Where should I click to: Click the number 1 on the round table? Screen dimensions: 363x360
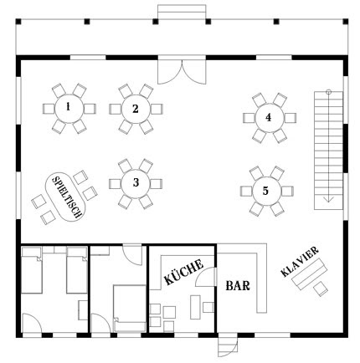pos(67,107)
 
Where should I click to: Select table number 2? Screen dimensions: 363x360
pos(135,109)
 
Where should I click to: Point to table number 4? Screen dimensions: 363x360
pos(268,118)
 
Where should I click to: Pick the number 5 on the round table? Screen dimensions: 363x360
pos(265,191)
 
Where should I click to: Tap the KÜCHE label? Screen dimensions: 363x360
pos(183,273)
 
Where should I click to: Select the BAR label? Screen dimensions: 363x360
pos(237,285)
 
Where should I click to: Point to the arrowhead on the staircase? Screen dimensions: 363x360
pos(330,199)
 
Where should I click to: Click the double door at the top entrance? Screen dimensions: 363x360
pos(181,72)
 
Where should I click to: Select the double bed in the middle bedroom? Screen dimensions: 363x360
pos(126,302)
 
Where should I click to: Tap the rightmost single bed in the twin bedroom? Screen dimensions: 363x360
pos(75,272)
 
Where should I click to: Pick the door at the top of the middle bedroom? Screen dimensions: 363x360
pos(131,256)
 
